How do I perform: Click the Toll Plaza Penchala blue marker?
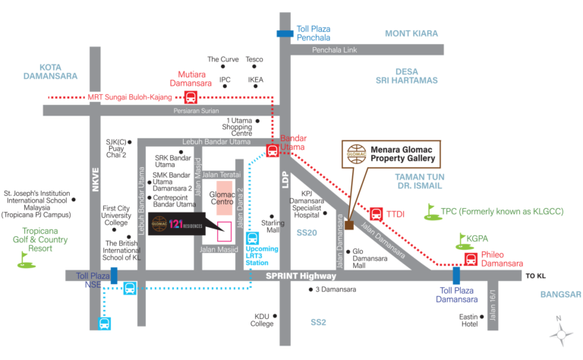click(285, 33)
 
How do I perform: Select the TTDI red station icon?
click(376, 214)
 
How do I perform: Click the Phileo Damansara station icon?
click(470, 260)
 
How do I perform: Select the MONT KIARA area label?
click(411, 33)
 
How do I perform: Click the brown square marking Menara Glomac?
click(348, 225)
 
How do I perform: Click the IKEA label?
click(256, 78)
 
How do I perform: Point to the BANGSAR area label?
click(561, 294)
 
